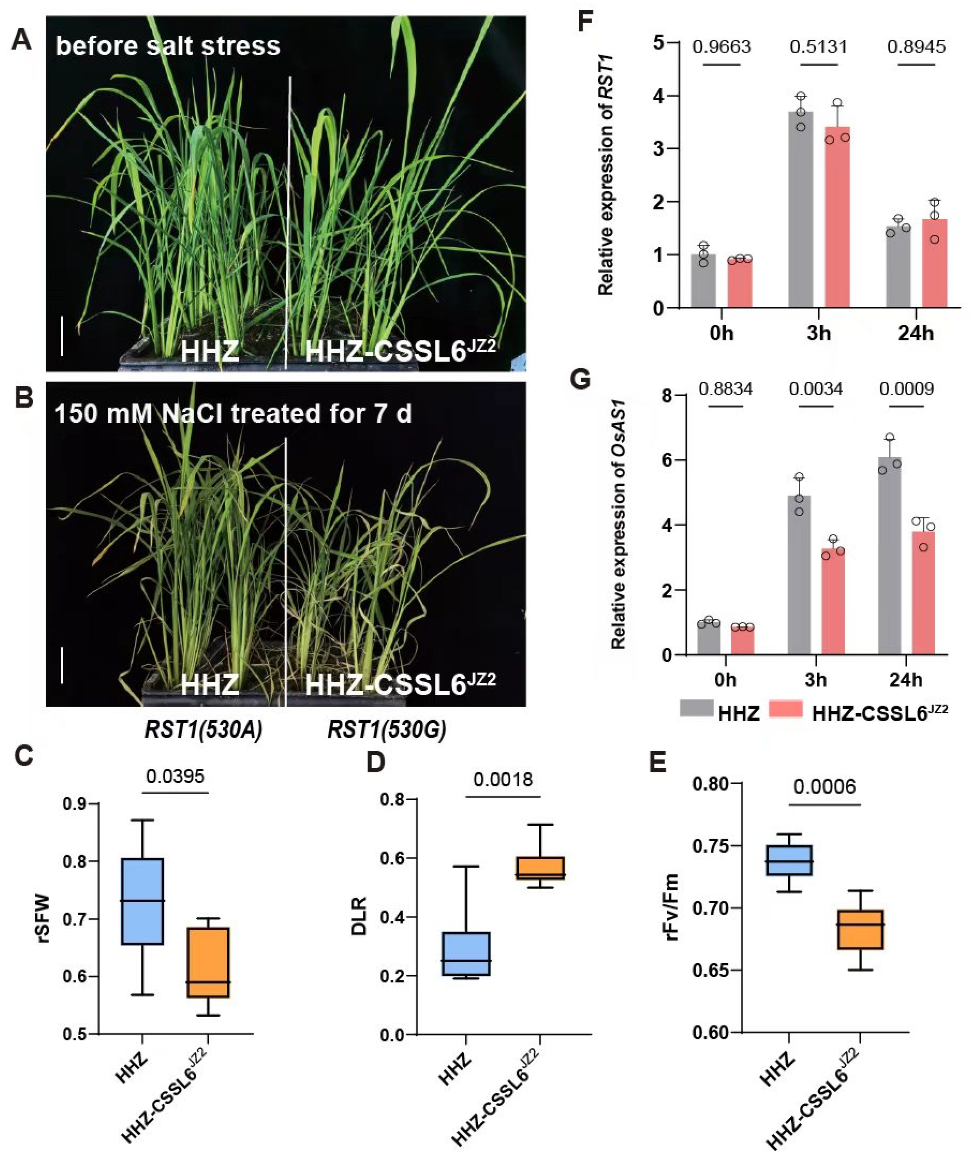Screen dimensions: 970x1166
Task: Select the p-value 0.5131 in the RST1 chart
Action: pyautogui.click(x=819, y=47)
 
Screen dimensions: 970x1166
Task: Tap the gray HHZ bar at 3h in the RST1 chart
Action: pyautogui.click(x=801, y=209)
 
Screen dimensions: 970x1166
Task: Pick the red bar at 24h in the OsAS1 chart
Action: pyautogui.click(x=923, y=593)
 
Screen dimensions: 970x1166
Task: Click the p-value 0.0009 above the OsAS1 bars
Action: pyautogui.click(x=907, y=389)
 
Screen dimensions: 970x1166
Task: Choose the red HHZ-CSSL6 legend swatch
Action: pyautogui.click(x=786, y=708)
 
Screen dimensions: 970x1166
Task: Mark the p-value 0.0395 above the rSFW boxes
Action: pyautogui.click(x=175, y=776)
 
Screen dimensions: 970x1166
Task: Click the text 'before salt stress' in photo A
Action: pyautogui.click(x=168, y=46)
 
